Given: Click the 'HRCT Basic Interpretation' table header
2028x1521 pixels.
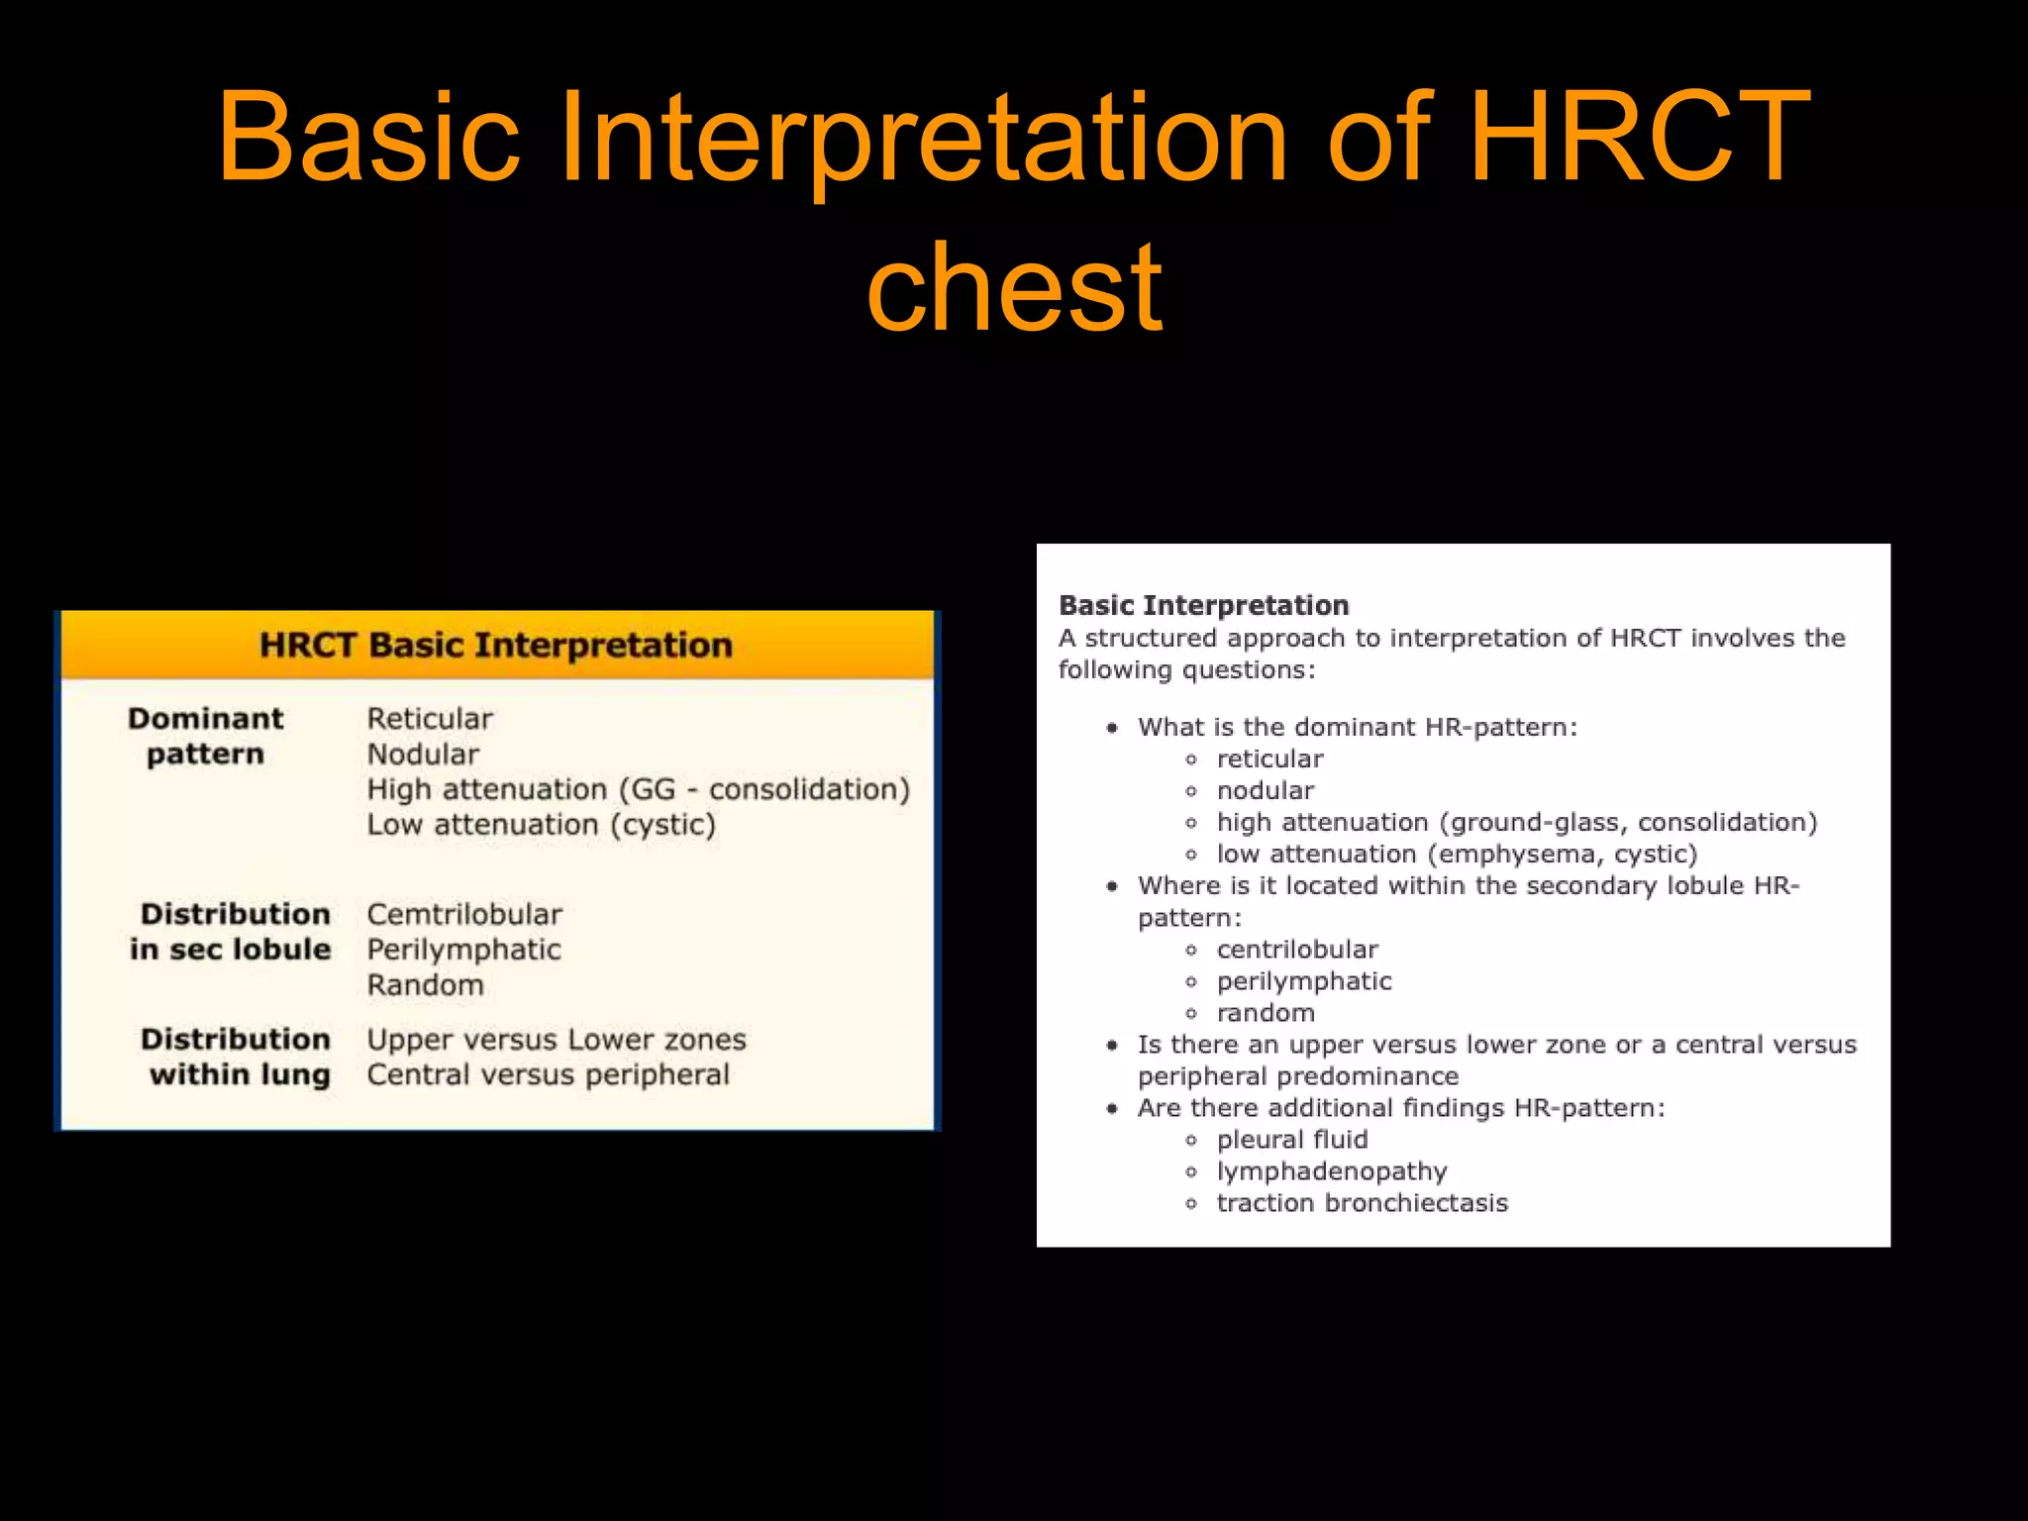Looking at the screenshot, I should pyautogui.click(x=496, y=646).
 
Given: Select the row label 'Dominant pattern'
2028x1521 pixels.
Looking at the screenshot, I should pyautogui.click(x=205, y=736).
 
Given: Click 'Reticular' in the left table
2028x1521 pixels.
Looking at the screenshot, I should pyautogui.click(x=429, y=719).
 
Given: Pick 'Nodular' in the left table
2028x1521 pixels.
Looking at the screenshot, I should pyautogui.click(x=423, y=755).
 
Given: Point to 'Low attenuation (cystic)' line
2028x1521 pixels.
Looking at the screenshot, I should pyautogui.click(x=541, y=825).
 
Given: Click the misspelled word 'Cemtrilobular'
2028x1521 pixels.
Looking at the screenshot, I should pyautogui.click(x=463, y=914).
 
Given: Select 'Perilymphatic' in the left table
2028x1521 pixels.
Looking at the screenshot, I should pyautogui.click(x=463, y=950).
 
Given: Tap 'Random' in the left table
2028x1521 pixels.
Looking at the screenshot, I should pyautogui.click(x=425, y=985).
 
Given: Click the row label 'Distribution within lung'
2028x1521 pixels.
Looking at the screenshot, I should pyautogui.click(x=236, y=1057).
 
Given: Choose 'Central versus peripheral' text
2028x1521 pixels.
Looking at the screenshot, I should pyautogui.click(x=548, y=1075).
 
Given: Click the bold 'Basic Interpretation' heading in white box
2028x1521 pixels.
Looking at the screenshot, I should pyautogui.click(x=1203, y=605).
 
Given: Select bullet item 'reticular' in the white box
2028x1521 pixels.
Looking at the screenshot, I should pyautogui.click(x=1269, y=760).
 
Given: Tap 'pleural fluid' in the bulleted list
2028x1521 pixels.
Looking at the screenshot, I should pyautogui.click(x=1291, y=1140).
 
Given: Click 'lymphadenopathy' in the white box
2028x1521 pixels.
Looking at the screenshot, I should pyautogui.click(x=1331, y=1171).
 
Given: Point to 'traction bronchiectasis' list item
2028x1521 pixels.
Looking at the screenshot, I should pyautogui.click(x=1362, y=1203).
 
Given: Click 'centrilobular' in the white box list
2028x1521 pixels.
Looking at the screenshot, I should pyautogui.click(x=1297, y=950).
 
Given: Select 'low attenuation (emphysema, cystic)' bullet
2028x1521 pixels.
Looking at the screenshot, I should pyautogui.click(x=1457, y=855).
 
